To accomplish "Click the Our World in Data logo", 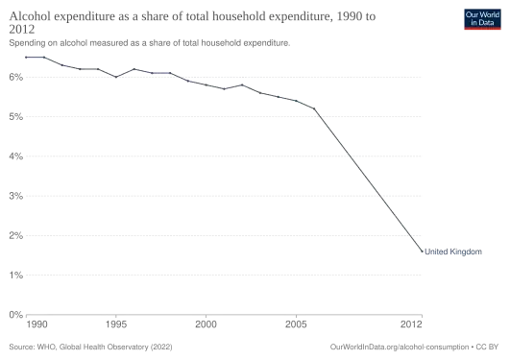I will point(482,18).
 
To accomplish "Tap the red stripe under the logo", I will point(482,30).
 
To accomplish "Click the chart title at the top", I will point(192,16).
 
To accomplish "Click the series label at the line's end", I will point(451,253).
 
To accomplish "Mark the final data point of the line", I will point(422,252).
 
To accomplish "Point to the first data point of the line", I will point(26,58).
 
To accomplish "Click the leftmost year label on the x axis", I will point(36,322).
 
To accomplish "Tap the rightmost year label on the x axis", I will point(410,322).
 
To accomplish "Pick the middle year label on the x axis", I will point(207,322).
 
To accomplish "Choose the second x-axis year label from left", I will point(117,322).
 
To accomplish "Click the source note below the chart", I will point(92,344).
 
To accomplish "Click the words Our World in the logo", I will point(482,13).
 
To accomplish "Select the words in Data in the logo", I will point(482,22).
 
